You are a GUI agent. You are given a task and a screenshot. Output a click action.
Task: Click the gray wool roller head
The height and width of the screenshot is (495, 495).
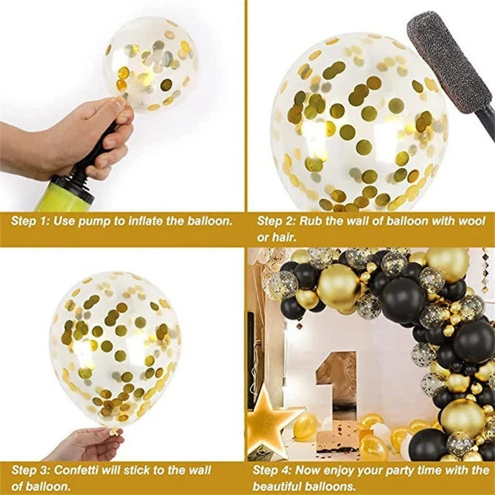pos(449,62)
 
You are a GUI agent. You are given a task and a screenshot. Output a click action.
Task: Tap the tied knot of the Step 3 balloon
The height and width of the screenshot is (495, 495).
pos(114,431)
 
